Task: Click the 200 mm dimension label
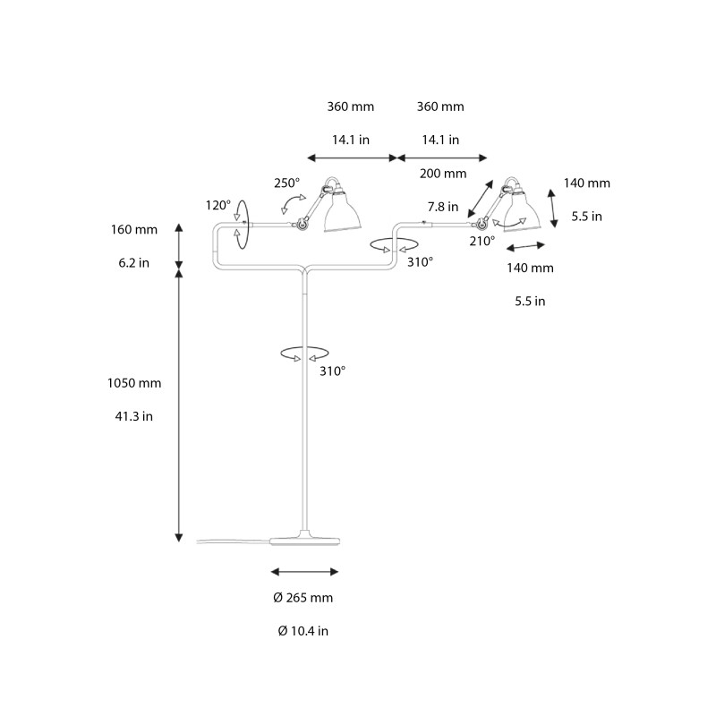click(442, 174)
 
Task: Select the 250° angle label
click(286, 183)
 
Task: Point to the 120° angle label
click(218, 205)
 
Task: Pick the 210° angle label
click(482, 241)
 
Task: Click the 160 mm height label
click(134, 229)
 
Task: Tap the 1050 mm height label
click(134, 383)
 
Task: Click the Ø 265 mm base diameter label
click(304, 598)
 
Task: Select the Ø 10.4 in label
click(303, 631)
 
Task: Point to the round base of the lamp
click(304, 540)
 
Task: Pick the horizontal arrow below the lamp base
click(304, 571)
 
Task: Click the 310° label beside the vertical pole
click(331, 371)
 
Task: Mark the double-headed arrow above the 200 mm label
click(442, 158)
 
